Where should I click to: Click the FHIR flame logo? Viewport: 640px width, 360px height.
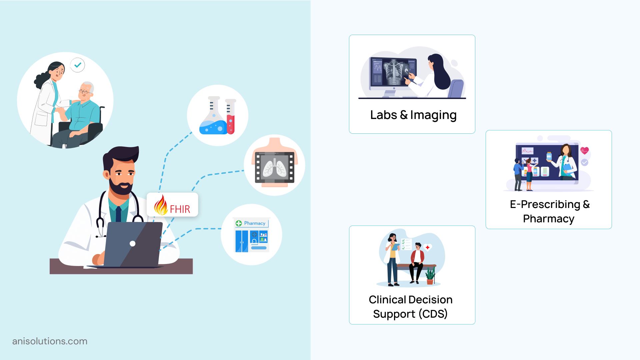click(161, 205)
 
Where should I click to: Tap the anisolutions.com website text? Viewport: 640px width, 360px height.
click(50, 341)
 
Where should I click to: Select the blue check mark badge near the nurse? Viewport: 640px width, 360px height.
click(78, 65)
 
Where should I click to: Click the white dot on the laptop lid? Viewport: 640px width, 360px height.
click(132, 244)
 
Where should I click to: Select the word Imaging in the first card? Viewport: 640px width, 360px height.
click(433, 115)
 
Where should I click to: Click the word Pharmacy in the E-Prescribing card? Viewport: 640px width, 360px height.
click(548, 219)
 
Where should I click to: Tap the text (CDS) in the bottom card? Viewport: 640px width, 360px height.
click(433, 314)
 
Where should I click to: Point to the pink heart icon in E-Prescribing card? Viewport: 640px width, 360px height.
click(584, 151)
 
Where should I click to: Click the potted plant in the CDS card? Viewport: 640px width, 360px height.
click(430, 276)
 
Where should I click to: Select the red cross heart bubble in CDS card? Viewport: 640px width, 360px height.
click(427, 247)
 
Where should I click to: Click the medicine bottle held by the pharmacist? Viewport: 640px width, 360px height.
click(549, 156)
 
